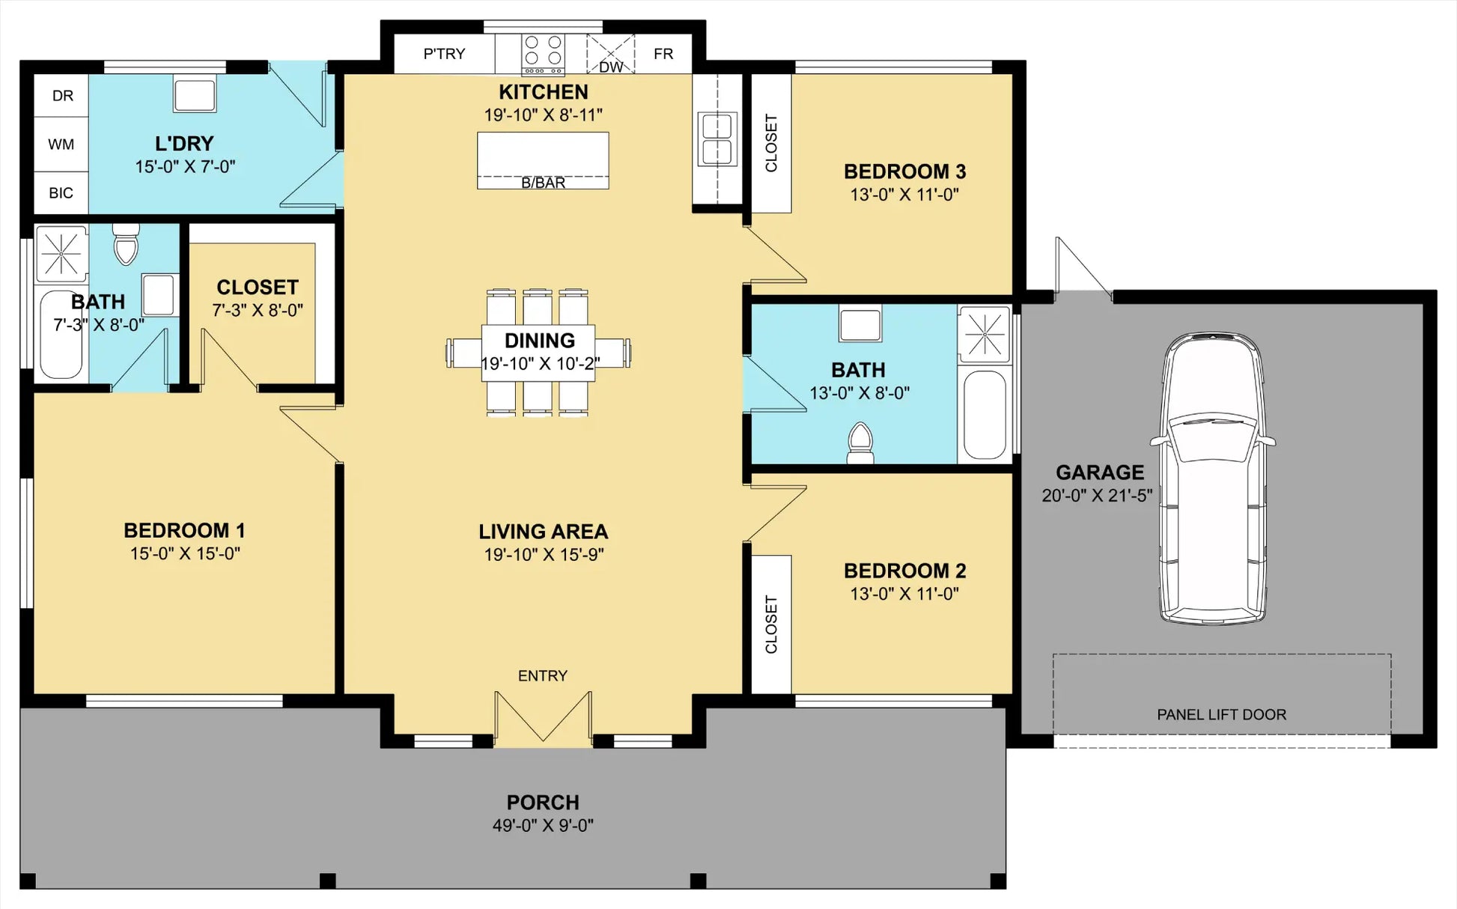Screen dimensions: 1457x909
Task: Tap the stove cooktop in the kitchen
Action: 544,55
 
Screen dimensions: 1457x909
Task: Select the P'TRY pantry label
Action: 444,54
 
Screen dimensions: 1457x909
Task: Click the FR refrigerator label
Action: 663,54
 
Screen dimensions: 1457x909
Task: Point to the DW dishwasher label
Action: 611,67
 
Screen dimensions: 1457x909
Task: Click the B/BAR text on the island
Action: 544,183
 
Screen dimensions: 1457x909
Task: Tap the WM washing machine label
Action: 61,144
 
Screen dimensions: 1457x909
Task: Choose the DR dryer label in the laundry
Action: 63,96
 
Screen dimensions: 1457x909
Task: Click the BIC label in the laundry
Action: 61,193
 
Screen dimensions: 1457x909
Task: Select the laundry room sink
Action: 195,94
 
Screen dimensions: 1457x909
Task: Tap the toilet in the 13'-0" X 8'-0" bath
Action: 860,444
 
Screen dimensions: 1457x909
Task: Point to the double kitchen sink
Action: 717,139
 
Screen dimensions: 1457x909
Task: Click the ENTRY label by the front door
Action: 543,676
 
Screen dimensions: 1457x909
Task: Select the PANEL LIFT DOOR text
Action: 1222,715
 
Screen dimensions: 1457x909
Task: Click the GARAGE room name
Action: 1100,472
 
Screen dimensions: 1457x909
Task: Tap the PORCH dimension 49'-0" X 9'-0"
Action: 543,825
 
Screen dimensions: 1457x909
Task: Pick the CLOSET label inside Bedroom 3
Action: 771,143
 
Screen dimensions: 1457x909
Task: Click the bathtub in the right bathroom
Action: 985,415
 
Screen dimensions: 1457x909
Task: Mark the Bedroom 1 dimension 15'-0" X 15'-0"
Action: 185,553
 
